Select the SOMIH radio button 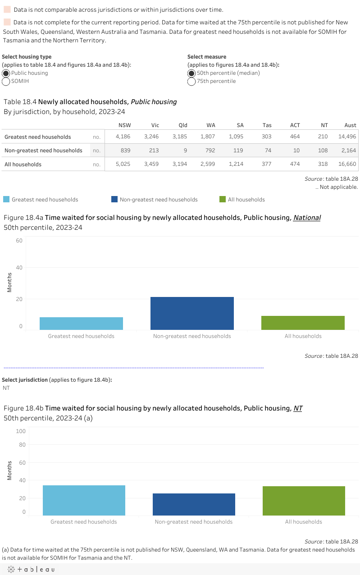(x=6, y=81)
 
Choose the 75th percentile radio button (x=191, y=81)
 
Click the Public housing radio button (x=6, y=73)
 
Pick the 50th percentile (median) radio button (x=191, y=73)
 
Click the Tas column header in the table (x=267, y=125)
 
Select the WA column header (x=210, y=125)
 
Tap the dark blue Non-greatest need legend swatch (x=115, y=199)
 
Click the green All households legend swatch (x=223, y=199)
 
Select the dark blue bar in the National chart (x=192, y=313)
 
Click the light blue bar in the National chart (x=81, y=323)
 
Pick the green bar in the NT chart (x=304, y=501)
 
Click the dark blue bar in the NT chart (x=194, y=504)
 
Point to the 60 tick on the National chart (x=19, y=240)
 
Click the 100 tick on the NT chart (x=21, y=431)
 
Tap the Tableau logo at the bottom (x=30, y=570)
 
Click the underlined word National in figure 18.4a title (x=307, y=218)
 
